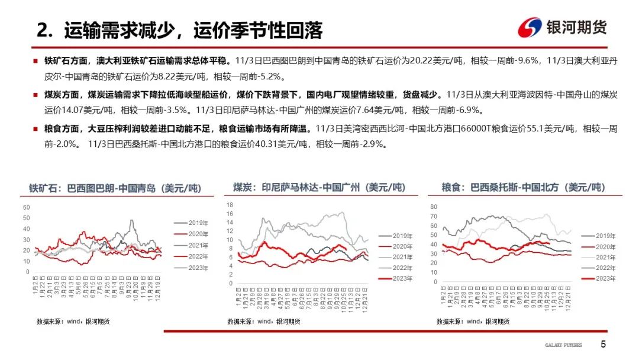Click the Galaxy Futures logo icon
(530, 28)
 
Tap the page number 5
(603, 345)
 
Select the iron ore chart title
(115, 188)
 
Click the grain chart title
(523, 188)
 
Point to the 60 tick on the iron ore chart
(26, 207)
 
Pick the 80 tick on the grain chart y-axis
(433, 207)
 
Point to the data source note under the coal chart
(263, 321)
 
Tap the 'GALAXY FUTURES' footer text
(563, 345)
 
